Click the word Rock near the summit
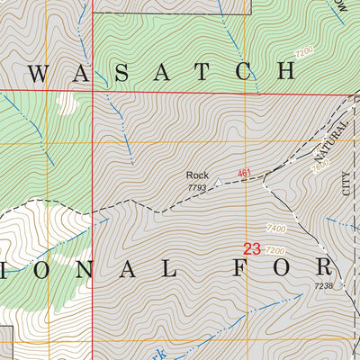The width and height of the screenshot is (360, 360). pyautogui.click(x=197, y=175)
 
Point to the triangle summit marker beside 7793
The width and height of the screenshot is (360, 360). pyautogui.click(x=217, y=181)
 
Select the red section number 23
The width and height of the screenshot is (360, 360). pyautogui.click(x=252, y=247)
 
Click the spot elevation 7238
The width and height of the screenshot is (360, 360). pyautogui.click(x=324, y=285)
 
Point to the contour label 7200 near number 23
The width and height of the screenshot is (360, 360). pyautogui.click(x=275, y=250)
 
